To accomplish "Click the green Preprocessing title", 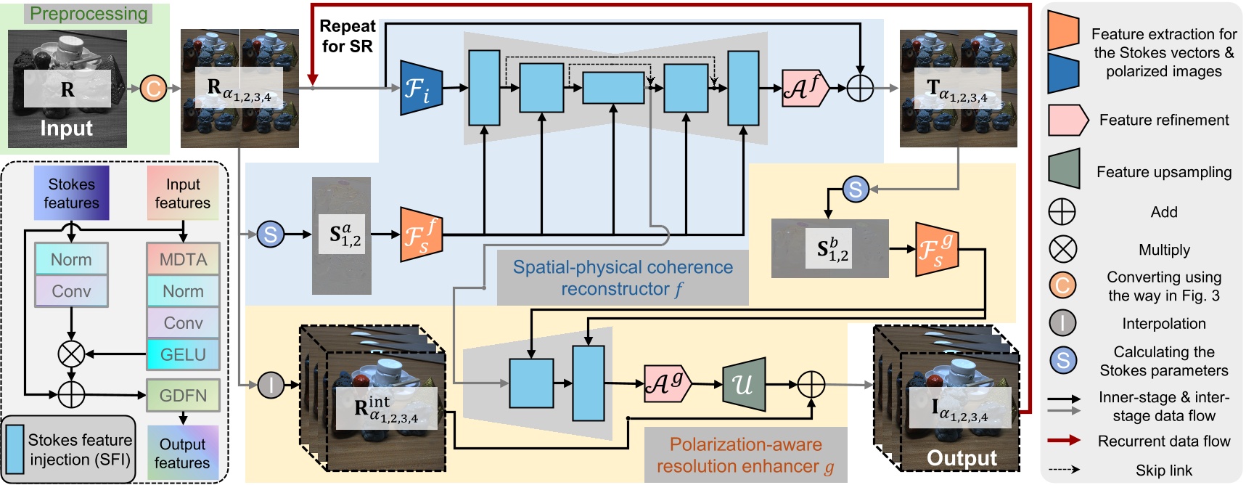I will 88,14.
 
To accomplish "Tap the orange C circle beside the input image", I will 153,89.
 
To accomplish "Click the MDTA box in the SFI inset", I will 183,259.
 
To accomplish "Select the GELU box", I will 183,354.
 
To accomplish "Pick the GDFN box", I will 183,395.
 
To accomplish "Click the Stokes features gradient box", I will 71,193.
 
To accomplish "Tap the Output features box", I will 183,453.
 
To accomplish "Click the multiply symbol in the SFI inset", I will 71,354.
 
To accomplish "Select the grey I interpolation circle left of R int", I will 271,385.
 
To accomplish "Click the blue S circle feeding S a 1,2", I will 271,235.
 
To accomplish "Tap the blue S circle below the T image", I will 856,189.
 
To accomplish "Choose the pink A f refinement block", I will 805,89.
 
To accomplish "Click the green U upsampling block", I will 744,384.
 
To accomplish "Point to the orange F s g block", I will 936,249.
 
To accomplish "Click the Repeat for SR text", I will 347,36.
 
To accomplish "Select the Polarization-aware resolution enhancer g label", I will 745,455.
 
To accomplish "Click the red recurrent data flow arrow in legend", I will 1063,441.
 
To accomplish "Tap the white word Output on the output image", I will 962,458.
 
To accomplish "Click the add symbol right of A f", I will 860,89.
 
